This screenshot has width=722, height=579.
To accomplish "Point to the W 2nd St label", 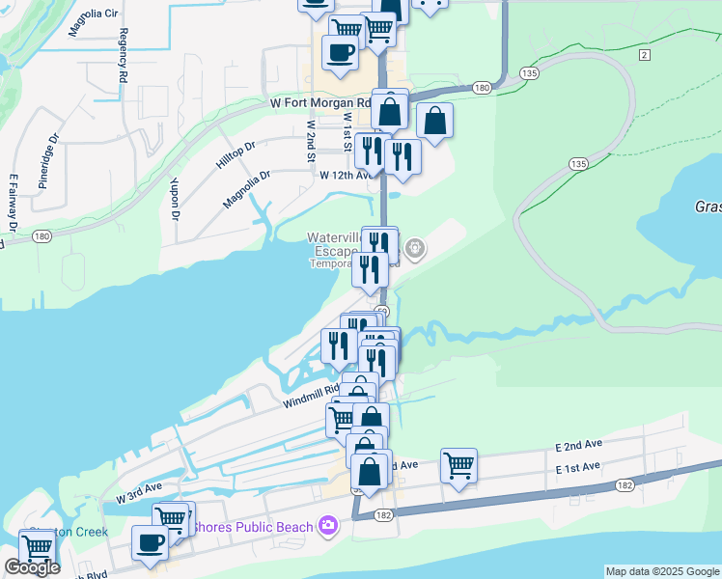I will click(312, 140).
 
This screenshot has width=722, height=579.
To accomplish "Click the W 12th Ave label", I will click(346, 176).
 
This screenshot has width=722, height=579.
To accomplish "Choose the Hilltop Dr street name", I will click(236, 154).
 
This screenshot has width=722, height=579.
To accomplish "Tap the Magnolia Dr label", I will click(247, 189).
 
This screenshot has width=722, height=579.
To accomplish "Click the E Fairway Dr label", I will click(14, 204).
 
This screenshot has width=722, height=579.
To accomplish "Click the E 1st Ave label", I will click(577, 467).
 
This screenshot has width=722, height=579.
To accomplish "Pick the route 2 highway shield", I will click(644, 55).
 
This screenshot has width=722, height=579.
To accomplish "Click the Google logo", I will click(32, 567).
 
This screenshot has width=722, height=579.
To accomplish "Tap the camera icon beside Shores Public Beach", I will click(328, 526).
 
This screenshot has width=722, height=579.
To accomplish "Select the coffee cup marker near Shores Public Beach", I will click(149, 542).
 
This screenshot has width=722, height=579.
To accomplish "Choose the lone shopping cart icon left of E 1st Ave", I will click(458, 465).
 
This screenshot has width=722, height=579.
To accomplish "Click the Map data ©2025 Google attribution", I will click(662, 571).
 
